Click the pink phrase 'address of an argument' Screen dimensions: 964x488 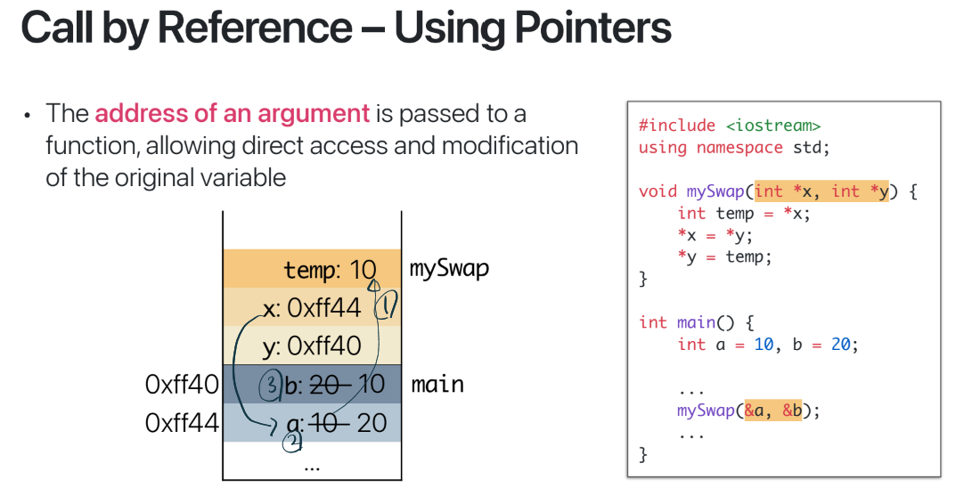pyautogui.click(x=232, y=113)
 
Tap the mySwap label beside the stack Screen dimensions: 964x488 pyautogui.click(x=449, y=268)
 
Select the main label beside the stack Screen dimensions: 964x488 pyautogui.click(x=437, y=385)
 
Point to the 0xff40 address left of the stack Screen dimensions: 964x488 pyautogui.click(x=181, y=385)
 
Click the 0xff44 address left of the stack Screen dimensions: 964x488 pyautogui.click(x=181, y=422)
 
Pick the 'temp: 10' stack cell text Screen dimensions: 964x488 pyautogui.click(x=330, y=270)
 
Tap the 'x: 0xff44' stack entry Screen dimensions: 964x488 pyautogui.click(x=312, y=308)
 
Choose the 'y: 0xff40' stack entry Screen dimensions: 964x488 pyautogui.click(x=312, y=346)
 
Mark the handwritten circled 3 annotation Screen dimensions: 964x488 pyautogui.click(x=270, y=385)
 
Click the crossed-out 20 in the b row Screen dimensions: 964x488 pyautogui.click(x=324, y=385)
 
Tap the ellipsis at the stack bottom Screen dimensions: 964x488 pyautogui.click(x=311, y=464)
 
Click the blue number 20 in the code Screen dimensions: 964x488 pyautogui.click(x=841, y=345)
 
